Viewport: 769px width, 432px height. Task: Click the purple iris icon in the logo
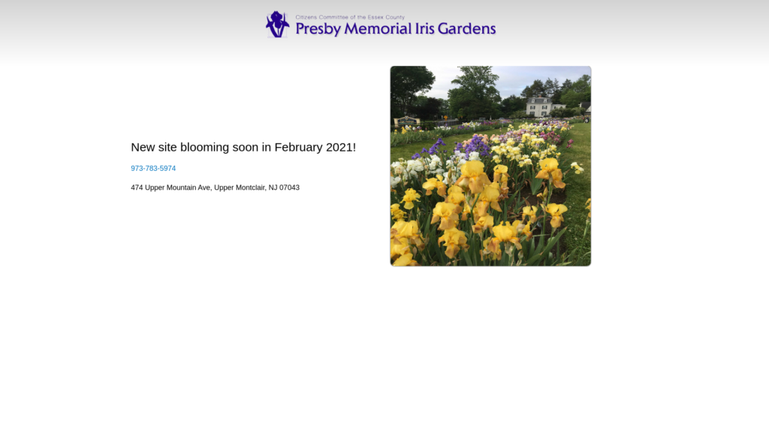pos(278,24)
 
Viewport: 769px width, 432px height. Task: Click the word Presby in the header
pos(318,29)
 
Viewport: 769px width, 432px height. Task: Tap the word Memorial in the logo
pos(378,28)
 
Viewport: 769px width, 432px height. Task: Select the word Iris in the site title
pos(425,28)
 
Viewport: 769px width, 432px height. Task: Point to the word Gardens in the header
pos(466,28)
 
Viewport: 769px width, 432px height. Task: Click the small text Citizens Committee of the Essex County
pos(350,17)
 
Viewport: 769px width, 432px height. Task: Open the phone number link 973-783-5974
pos(153,169)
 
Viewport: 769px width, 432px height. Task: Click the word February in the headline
pos(298,148)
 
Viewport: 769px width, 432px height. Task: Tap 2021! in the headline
pos(341,148)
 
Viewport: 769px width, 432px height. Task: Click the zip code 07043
pos(289,187)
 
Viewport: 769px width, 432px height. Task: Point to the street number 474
pos(137,187)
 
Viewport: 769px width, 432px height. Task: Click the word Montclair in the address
pos(250,187)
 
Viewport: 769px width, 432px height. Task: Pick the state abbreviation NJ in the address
pos(273,187)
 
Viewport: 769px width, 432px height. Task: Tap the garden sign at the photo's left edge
pos(406,121)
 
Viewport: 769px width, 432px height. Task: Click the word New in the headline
pos(143,148)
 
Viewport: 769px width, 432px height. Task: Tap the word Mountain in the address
pos(181,187)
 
